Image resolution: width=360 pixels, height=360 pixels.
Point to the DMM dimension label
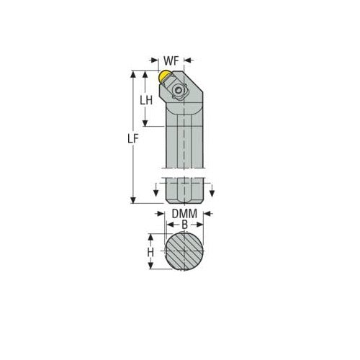tap(184, 215)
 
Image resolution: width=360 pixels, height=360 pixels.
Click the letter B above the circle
tap(184, 225)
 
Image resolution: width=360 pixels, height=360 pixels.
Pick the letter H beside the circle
tap(150, 253)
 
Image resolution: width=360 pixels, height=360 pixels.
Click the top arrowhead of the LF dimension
tap(133, 73)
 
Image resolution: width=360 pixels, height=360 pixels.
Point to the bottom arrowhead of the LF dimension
tap(133, 200)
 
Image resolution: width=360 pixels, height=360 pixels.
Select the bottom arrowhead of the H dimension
tap(150, 269)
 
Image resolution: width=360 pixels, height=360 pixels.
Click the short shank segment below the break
tap(184, 192)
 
